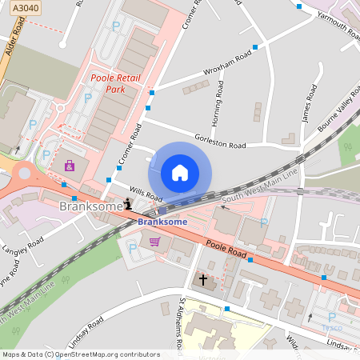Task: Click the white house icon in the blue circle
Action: tap(180, 172)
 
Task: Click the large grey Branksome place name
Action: tap(90, 206)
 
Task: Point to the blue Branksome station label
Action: tap(162, 222)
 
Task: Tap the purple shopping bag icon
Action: tap(70, 166)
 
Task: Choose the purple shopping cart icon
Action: tap(154, 241)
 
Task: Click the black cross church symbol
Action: tap(203, 280)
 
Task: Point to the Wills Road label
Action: tap(146, 194)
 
